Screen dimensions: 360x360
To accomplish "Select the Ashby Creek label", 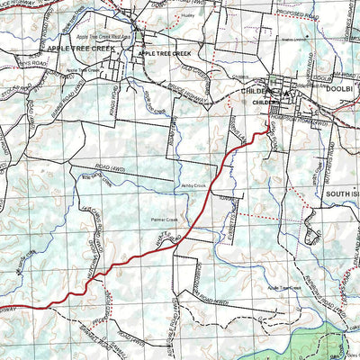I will (x=193, y=186).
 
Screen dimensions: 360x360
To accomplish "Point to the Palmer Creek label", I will (x=165, y=220).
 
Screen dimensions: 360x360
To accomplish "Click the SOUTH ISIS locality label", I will (x=341, y=193).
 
